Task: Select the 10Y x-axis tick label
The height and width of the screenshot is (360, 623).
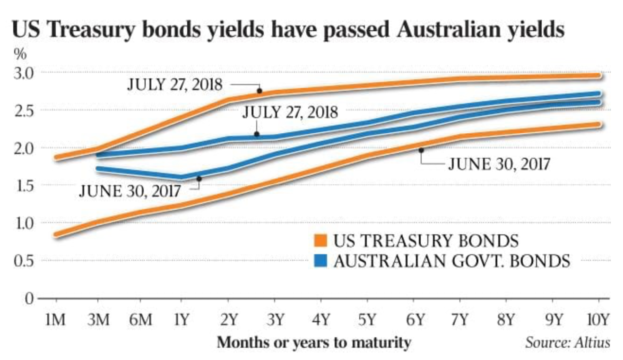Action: (x=597, y=320)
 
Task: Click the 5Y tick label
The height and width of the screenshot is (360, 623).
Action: (x=367, y=320)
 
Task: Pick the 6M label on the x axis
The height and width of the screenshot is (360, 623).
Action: (x=140, y=320)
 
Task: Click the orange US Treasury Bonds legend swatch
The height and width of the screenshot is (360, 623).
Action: (x=321, y=241)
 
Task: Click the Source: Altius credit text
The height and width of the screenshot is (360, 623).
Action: (x=567, y=343)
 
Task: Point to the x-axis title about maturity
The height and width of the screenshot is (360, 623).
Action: (x=313, y=343)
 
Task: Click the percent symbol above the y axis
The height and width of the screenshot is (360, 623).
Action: (x=19, y=53)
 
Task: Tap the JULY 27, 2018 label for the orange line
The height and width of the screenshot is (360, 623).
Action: (x=175, y=85)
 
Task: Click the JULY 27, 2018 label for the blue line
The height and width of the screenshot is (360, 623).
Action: (x=290, y=112)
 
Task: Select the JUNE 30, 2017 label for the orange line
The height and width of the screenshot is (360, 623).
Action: (x=499, y=164)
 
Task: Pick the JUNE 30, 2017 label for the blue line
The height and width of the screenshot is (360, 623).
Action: (x=130, y=191)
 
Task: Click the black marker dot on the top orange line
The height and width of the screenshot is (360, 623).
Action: (x=260, y=91)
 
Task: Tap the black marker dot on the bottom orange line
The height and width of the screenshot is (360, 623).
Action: (x=421, y=150)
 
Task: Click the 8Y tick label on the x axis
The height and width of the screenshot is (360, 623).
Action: (x=505, y=320)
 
